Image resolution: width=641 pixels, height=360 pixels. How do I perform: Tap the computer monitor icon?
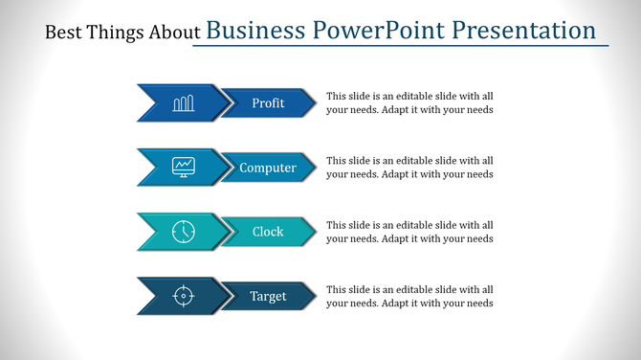coord(183,168)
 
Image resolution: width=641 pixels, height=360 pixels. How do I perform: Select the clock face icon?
coord(183,232)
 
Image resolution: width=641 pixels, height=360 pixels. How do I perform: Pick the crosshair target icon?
coord(183,296)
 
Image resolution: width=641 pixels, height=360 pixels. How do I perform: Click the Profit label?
coord(268,103)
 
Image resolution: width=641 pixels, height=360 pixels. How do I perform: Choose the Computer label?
coord(268,168)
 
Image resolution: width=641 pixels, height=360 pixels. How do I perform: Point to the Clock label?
coord(268,232)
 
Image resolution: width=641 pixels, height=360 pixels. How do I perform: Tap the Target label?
coord(268,296)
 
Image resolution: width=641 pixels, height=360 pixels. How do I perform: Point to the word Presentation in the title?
coord(524,31)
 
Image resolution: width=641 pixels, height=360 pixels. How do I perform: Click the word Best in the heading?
coord(63,33)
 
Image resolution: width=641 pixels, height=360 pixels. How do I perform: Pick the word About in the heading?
coord(172,33)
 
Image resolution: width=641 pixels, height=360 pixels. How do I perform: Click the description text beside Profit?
coord(409,103)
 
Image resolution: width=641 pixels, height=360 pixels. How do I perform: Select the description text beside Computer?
coord(409,168)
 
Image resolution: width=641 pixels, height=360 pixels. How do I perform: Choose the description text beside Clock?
coord(409,232)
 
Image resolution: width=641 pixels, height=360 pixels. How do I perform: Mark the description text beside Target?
coord(409,296)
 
